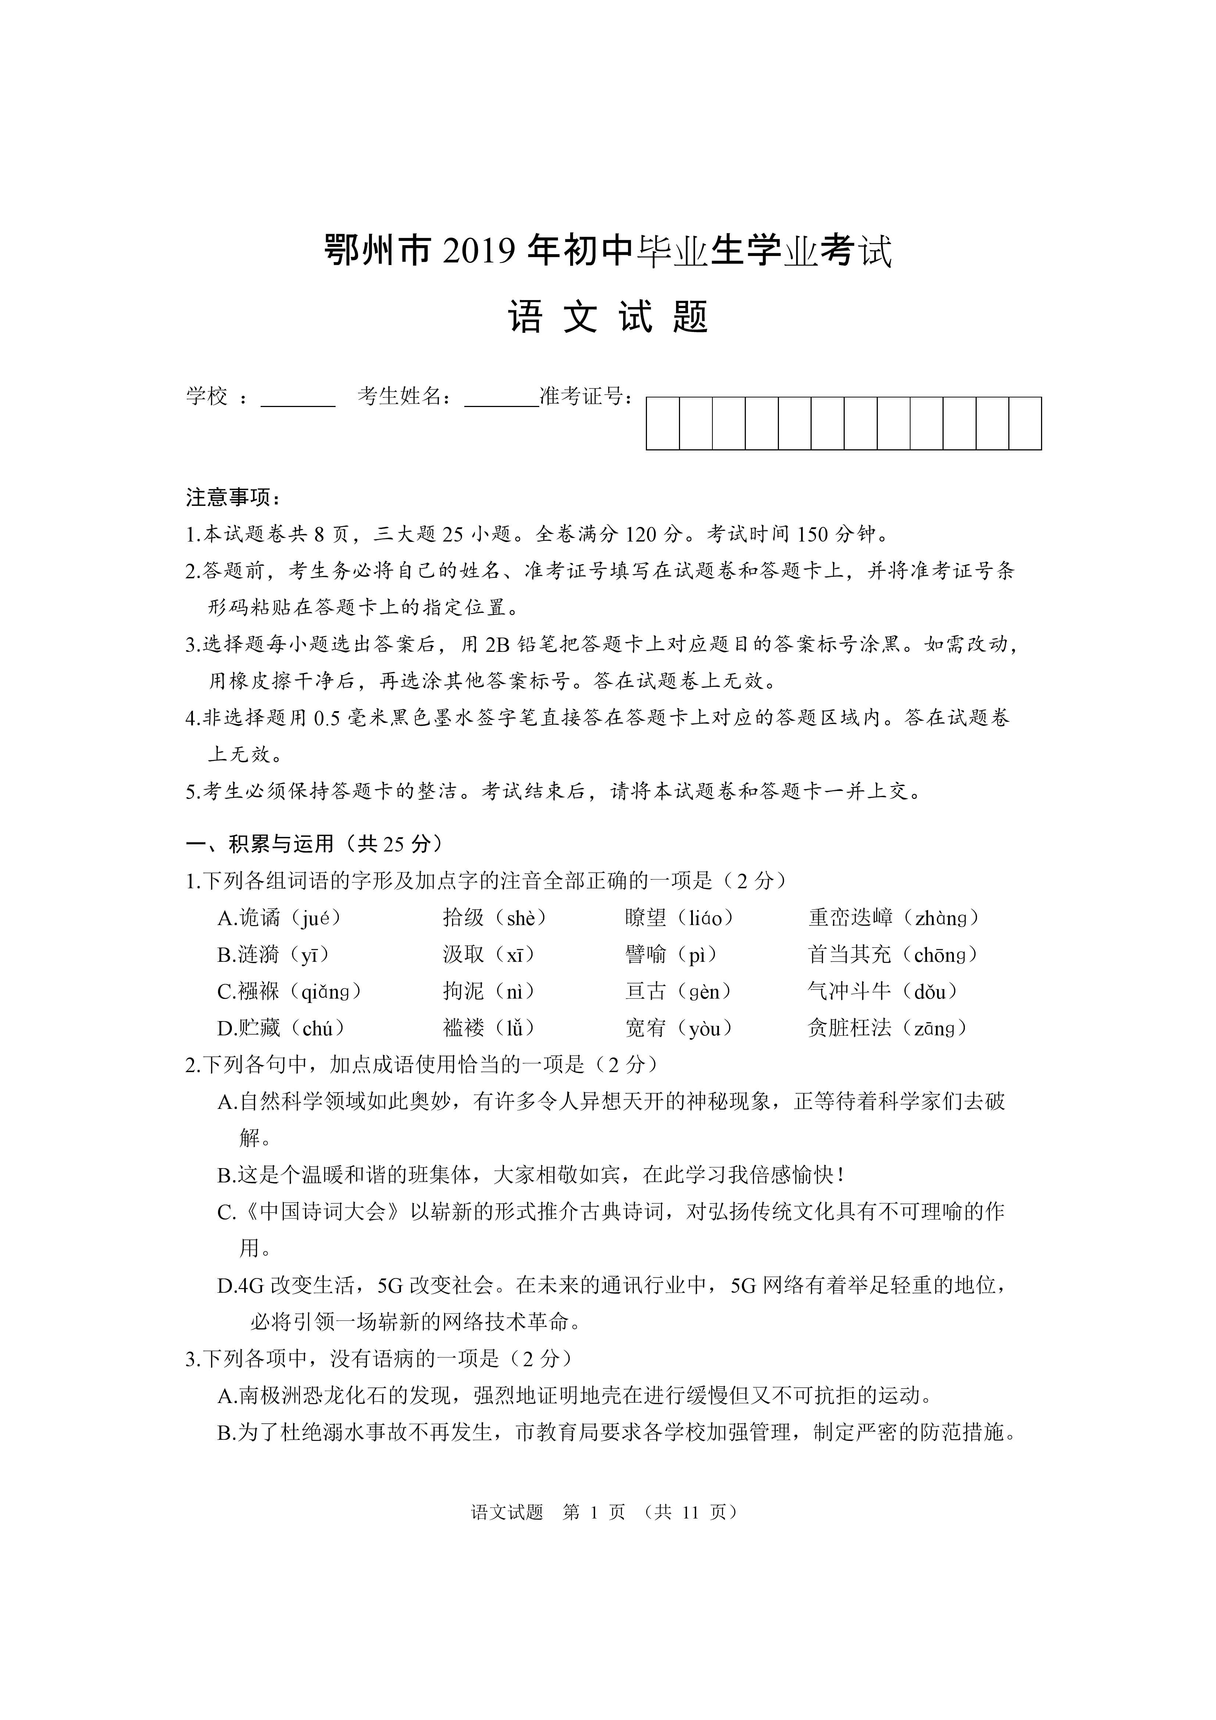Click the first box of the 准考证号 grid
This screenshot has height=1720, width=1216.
tap(663, 423)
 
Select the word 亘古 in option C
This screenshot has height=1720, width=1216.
tap(645, 991)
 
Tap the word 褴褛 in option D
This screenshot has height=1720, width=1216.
tap(464, 1028)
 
